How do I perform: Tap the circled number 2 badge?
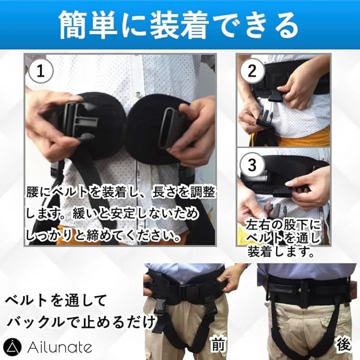[252, 71]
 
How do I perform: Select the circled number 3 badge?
[252, 164]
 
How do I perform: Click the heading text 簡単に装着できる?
[179, 25]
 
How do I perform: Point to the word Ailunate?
[59, 347]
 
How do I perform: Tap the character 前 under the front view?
[217, 344]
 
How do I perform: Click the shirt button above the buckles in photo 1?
[138, 94]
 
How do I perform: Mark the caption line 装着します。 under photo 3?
[281, 251]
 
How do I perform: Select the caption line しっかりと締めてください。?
[103, 235]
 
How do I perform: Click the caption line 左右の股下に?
[283, 225]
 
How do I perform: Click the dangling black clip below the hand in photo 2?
[264, 117]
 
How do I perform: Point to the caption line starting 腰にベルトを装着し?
[121, 192]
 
